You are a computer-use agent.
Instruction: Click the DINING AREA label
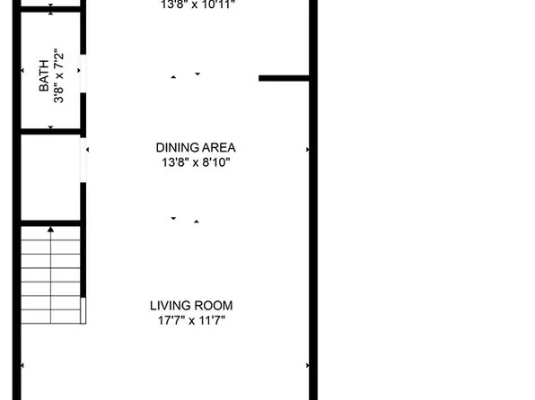coord(196,147)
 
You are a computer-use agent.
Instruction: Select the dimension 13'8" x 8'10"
coord(196,161)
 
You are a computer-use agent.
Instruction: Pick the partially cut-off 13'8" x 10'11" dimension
coord(197,4)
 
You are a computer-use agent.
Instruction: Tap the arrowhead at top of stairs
coord(51,230)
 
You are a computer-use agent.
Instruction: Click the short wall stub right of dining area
coord(284,79)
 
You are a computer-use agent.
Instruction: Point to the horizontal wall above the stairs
coord(51,222)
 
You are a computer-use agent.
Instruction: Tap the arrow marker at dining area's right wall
coord(307,149)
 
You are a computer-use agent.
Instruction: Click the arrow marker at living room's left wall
coord(22,365)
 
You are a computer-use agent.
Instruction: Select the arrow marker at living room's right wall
coord(307,365)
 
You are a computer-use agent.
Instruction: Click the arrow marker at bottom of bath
coord(49,127)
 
